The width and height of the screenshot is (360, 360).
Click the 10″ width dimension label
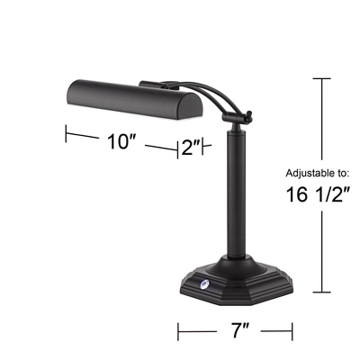120,142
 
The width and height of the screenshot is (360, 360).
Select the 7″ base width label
238,331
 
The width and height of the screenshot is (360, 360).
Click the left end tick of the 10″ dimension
66,133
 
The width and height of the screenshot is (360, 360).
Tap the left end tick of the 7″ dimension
178,332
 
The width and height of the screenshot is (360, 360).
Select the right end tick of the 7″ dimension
292,332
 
